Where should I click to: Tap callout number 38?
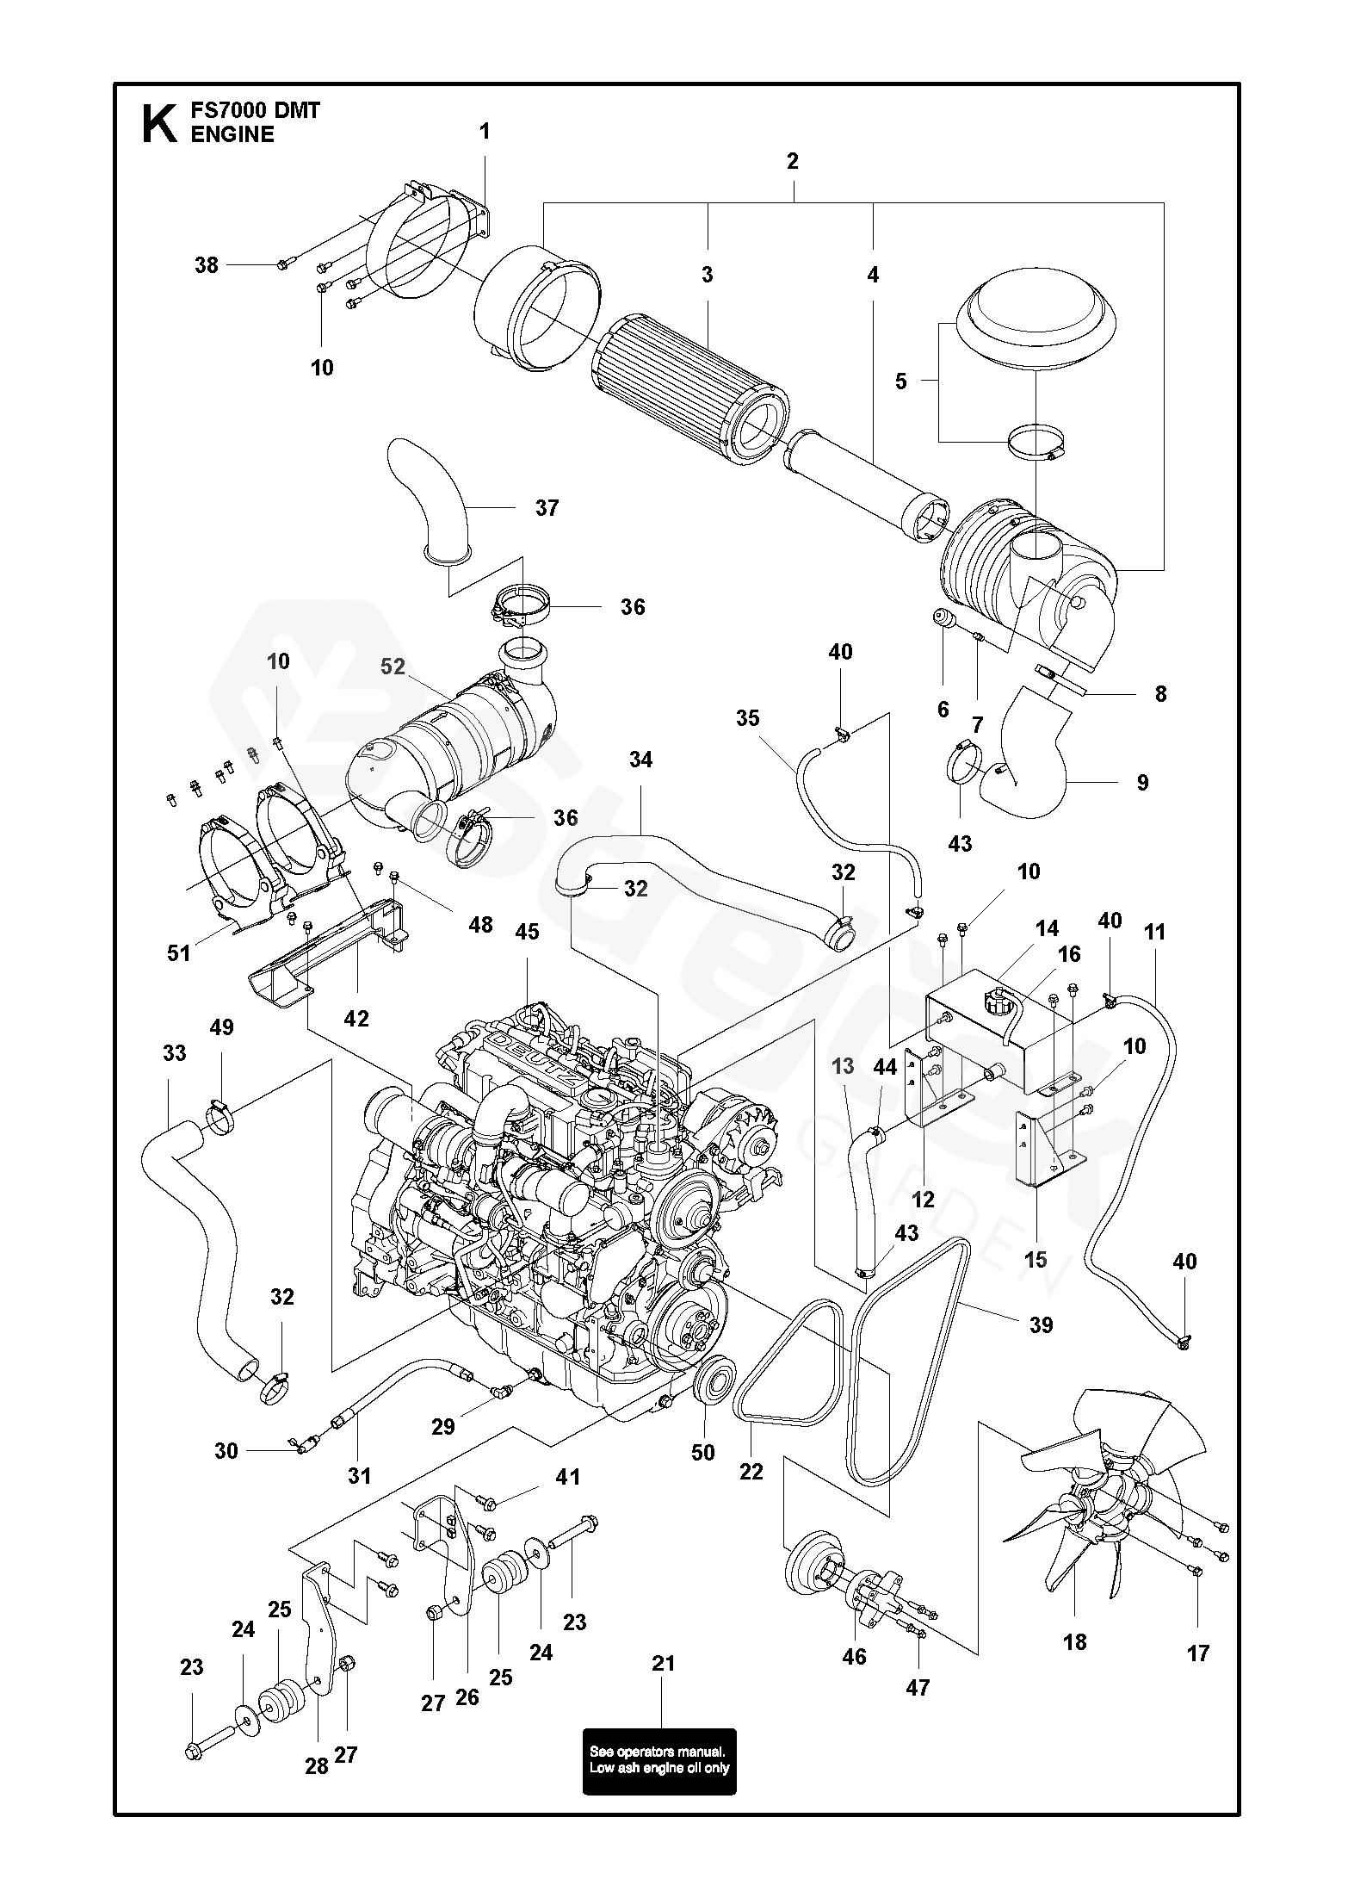pyautogui.click(x=207, y=265)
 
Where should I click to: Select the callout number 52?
pyautogui.click(x=393, y=667)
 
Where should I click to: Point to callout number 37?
pyautogui.click(x=547, y=508)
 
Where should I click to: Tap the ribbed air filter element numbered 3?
pyautogui.click(x=689, y=379)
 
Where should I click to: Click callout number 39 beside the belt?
pyautogui.click(x=1042, y=1324)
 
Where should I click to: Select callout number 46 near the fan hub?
pyautogui.click(x=854, y=1657)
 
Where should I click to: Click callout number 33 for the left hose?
pyautogui.click(x=175, y=1053)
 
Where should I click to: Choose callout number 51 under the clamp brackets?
pyautogui.click(x=179, y=952)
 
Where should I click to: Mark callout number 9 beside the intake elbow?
pyautogui.click(x=1142, y=783)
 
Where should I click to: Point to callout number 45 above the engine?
pyautogui.click(x=527, y=933)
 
